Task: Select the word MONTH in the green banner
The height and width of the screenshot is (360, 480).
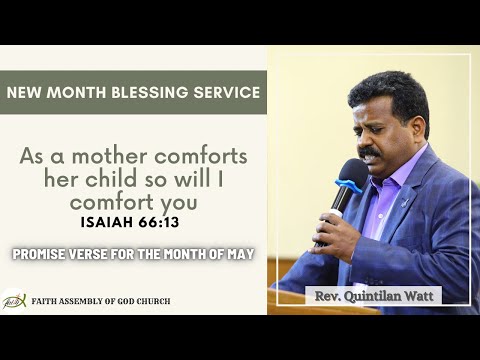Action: (x=93, y=93)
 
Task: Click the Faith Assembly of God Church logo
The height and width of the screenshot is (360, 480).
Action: (x=14, y=299)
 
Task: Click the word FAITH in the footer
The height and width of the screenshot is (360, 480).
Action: (x=48, y=299)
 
